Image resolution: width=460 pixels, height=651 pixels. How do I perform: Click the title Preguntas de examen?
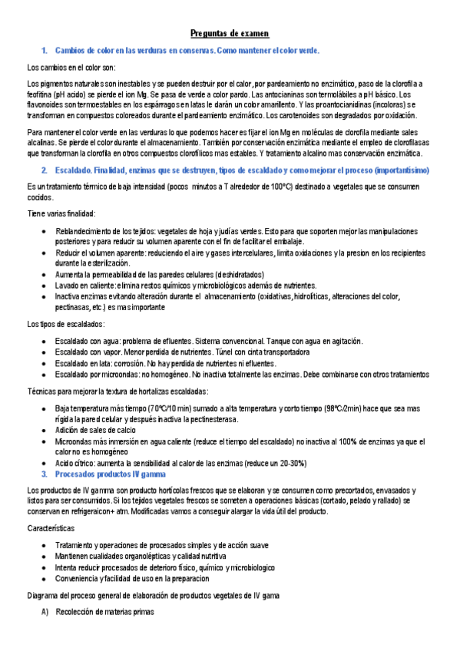(230, 34)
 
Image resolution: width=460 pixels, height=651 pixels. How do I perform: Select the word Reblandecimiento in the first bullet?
(84, 230)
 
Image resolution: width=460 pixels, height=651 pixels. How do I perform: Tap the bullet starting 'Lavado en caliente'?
(184, 285)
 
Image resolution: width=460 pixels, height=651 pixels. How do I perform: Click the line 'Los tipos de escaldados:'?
(68, 323)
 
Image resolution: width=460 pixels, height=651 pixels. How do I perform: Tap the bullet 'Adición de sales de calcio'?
(101, 431)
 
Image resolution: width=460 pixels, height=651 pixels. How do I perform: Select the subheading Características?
(51, 529)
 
